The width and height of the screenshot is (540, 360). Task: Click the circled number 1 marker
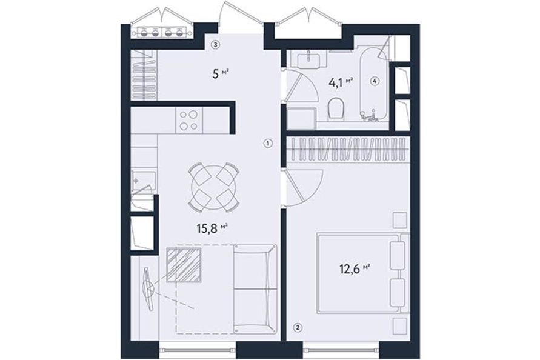click(x=269, y=143)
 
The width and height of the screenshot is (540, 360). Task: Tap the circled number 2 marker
click(x=298, y=328)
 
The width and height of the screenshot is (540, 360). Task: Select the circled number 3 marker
click(x=216, y=44)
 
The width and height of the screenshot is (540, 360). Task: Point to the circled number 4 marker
click(x=375, y=81)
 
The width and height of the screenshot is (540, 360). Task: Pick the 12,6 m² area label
click(x=355, y=268)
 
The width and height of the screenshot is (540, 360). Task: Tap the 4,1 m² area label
click(x=341, y=82)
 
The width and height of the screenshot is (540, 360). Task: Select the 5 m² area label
click(x=221, y=74)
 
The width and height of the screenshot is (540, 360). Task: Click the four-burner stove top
click(x=189, y=120)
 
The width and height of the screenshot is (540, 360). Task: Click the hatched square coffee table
click(x=184, y=265)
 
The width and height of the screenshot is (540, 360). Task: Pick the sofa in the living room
click(x=256, y=288)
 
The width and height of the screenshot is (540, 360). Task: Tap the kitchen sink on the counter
click(x=144, y=180)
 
